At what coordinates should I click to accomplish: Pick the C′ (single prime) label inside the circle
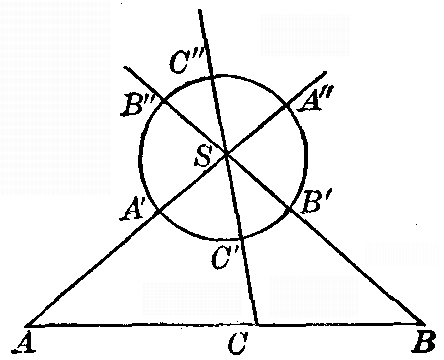pyautogui.click(x=222, y=258)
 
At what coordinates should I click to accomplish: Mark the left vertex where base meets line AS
pyautogui.click(x=24, y=325)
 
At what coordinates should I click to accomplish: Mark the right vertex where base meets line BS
pyautogui.click(x=423, y=324)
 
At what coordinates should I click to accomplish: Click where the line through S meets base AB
pyautogui.click(x=258, y=325)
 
